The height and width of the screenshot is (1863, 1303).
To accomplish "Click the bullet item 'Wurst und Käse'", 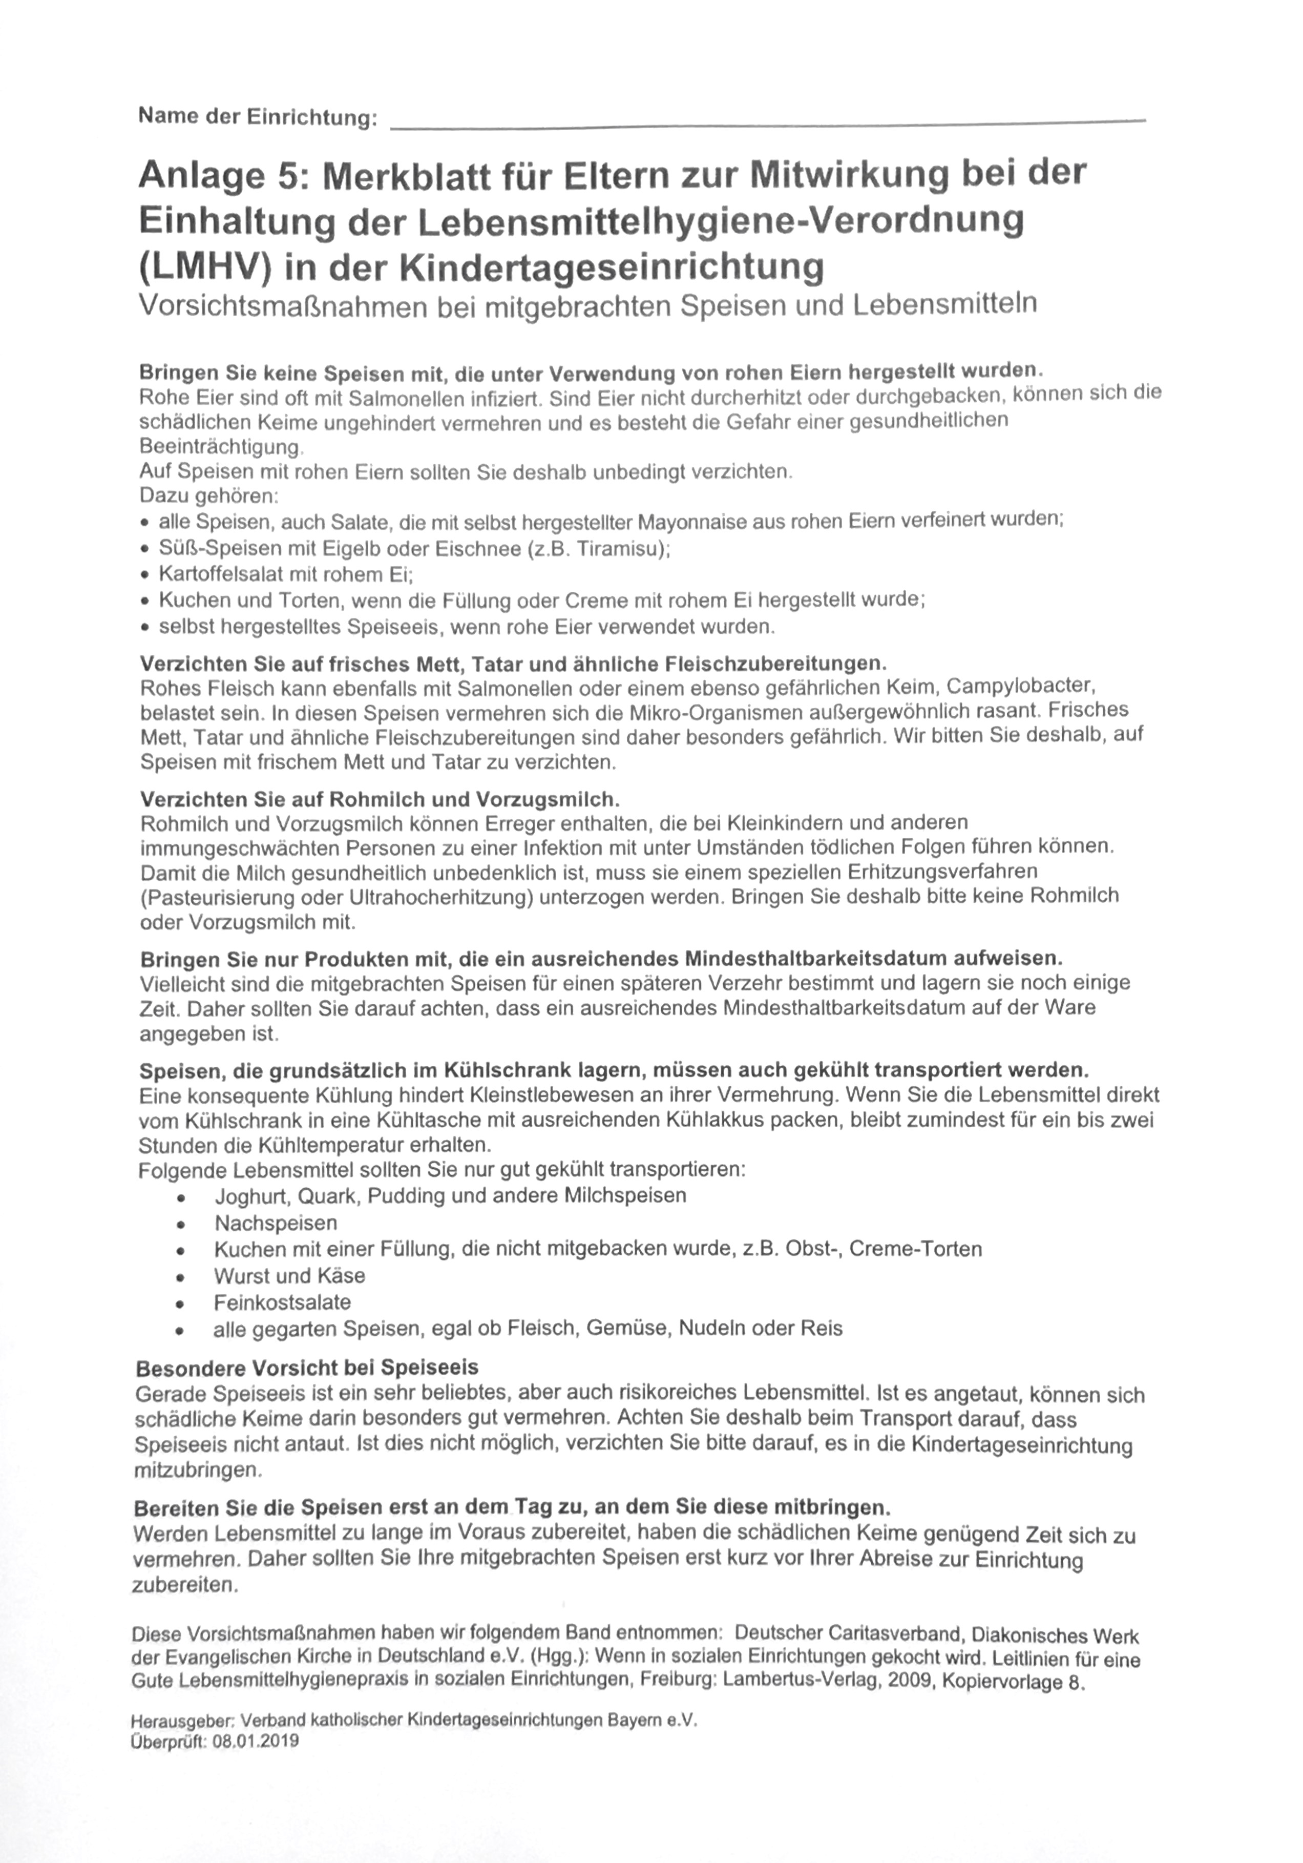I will pyautogui.click(x=290, y=1275).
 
